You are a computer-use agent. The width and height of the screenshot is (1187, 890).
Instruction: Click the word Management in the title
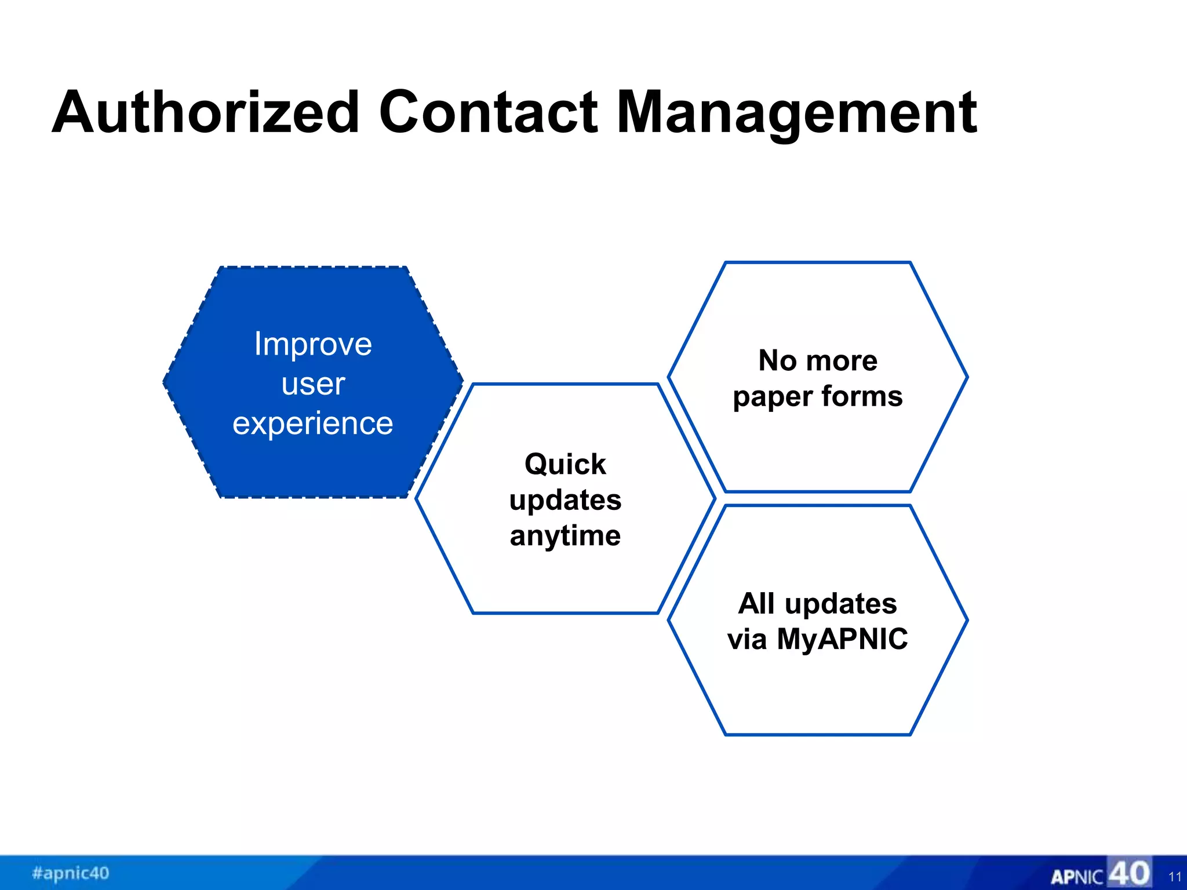tap(797, 114)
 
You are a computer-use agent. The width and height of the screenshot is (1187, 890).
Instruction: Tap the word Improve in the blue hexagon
tap(313, 344)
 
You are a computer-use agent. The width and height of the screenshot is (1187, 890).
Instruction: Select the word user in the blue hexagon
tap(313, 384)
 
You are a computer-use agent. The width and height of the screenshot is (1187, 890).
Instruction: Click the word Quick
tap(565, 464)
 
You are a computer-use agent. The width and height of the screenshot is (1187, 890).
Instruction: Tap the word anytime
tap(565, 536)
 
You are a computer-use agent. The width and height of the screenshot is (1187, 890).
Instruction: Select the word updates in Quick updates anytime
tap(565, 500)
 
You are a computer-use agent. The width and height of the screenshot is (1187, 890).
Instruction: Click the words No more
tap(818, 360)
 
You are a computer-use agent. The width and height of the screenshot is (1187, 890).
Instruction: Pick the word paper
tap(773, 397)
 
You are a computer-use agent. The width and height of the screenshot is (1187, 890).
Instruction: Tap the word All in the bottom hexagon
tap(756, 603)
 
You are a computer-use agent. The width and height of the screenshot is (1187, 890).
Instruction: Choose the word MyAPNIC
tap(842, 640)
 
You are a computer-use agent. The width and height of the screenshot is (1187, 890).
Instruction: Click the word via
tap(747, 640)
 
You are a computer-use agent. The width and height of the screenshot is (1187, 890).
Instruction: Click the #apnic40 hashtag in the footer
tap(71, 873)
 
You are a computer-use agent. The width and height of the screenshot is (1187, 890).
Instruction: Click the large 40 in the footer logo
tap(1129, 873)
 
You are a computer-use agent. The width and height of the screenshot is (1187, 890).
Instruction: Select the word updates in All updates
tap(840, 604)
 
